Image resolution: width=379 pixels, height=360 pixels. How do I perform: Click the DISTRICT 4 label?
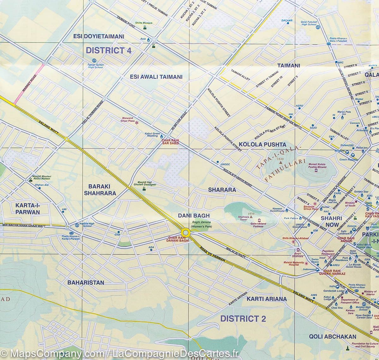(x=108, y=51)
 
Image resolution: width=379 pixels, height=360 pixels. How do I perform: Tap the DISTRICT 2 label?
(x=243, y=318)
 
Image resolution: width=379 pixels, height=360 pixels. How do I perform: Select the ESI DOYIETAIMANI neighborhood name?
(x=98, y=36)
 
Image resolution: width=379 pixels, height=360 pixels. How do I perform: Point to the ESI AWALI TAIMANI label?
(x=156, y=77)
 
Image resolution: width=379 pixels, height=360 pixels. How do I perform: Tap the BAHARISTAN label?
(x=86, y=283)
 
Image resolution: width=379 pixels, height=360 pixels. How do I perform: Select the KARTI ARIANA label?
(x=267, y=299)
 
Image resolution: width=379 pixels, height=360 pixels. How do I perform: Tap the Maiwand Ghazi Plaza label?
(x=128, y=120)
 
